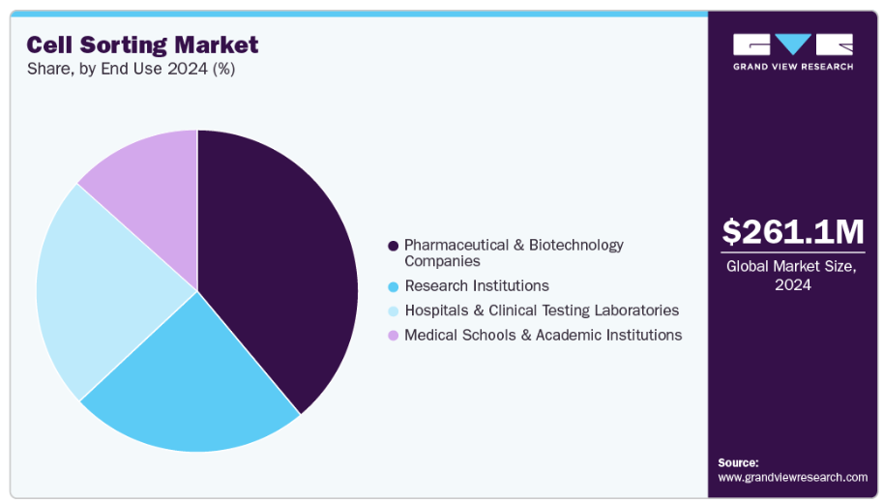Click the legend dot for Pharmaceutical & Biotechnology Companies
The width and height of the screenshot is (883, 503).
click(x=393, y=246)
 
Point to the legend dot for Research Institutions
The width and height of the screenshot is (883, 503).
click(x=393, y=286)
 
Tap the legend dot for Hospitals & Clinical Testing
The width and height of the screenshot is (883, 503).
click(x=393, y=311)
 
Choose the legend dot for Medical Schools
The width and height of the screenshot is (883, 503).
click(x=393, y=335)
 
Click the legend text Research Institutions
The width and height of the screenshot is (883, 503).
click(x=477, y=286)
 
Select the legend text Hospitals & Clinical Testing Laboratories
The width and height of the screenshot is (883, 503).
click(x=542, y=311)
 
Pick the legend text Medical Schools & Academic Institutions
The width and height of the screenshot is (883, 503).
click(x=543, y=335)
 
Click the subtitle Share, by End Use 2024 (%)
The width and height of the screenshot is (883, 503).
click(x=131, y=70)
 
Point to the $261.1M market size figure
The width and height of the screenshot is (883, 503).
click(x=792, y=232)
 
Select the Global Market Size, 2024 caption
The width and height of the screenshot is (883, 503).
click(x=792, y=276)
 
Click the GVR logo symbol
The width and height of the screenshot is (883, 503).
click(x=793, y=44)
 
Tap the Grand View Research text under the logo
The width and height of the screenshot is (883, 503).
click(x=793, y=67)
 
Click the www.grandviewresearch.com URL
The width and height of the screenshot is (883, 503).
click(x=793, y=477)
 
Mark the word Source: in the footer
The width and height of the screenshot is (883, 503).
click(x=738, y=462)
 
